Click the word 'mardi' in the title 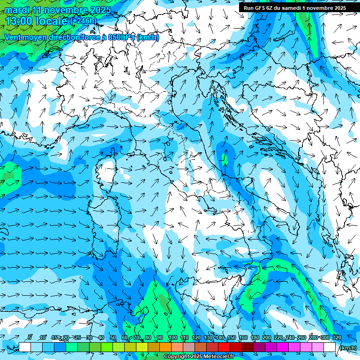point(17,10)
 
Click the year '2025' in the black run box point(338,7)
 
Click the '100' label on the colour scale point(173,337)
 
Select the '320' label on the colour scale point(337,337)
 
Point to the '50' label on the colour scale point(113,337)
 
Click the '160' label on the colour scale point(243,337)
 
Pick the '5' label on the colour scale point(30,337)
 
